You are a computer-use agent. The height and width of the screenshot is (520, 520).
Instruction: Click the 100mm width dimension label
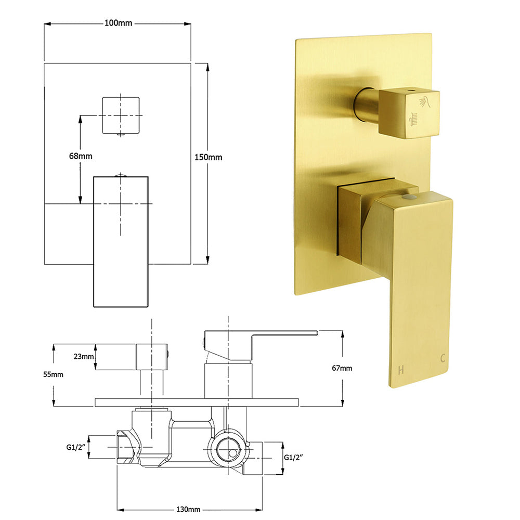coord(118,23)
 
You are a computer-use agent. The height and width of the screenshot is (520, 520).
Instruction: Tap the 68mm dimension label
coord(80,155)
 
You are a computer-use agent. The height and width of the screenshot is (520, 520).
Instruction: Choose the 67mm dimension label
coord(342,368)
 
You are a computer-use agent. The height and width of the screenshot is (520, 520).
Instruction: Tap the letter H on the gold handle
coord(401,370)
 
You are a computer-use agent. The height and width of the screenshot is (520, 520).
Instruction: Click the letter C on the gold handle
coord(443,358)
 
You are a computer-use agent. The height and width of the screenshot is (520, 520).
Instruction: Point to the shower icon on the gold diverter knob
coord(425,101)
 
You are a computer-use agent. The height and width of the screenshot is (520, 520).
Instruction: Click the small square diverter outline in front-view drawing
coord(121,115)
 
